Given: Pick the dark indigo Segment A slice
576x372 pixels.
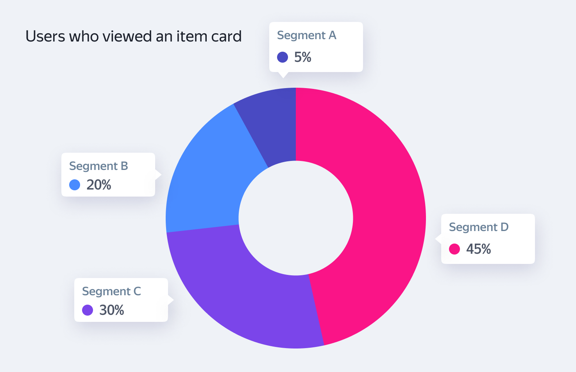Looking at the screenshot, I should click(274, 121).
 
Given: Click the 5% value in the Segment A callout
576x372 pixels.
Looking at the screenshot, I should click(303, 57).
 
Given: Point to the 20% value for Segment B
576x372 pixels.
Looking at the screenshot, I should click(99, 185).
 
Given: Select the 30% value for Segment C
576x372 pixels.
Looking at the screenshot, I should click(112, 310).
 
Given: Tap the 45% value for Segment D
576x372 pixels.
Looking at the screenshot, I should click(479, 249).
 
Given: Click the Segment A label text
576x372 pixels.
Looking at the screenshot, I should click(307, 35).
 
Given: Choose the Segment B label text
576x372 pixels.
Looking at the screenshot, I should click(98, 166).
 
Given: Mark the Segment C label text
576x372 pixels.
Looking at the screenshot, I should click(111, 291).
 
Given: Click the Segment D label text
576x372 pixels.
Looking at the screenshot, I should click(479, 227).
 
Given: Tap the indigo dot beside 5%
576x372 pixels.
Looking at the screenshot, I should click(283, 57).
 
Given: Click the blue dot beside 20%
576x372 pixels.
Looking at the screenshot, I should click(75, 185).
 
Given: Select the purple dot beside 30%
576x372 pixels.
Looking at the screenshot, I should click(88, 310).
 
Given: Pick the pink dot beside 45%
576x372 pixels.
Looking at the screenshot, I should click(454, 249).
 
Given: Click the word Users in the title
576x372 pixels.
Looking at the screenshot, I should click(45, 36).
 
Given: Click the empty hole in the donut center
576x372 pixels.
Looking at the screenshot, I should click(296, 218).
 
